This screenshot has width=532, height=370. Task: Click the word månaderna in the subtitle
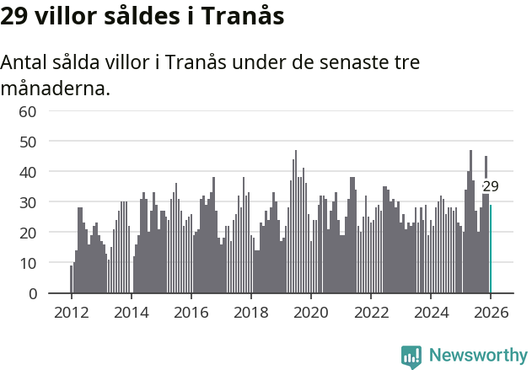[56, 88]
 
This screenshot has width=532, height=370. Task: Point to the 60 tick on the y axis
[28, 111]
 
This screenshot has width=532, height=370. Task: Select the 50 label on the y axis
[28, 142]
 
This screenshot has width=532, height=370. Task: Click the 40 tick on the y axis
[28, 172]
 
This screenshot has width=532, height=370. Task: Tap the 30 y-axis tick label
[28, 202]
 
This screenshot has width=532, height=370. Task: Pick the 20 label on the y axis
[28, 233]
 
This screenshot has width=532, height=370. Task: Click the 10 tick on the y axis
[28, 263]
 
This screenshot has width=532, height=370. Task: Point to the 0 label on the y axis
[33, 293]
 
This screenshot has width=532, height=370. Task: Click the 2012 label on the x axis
[71, 312]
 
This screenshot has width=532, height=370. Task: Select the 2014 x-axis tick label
[131, 312]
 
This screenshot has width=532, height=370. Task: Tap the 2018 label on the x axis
[250, 312]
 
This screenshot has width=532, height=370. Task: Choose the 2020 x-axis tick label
[311, 312]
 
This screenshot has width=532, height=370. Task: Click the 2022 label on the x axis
[371, 312]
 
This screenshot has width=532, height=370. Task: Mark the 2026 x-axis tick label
[491, 312]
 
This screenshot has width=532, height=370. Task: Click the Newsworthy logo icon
[411, 357]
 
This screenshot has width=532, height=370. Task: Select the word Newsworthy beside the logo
[477, 356]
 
